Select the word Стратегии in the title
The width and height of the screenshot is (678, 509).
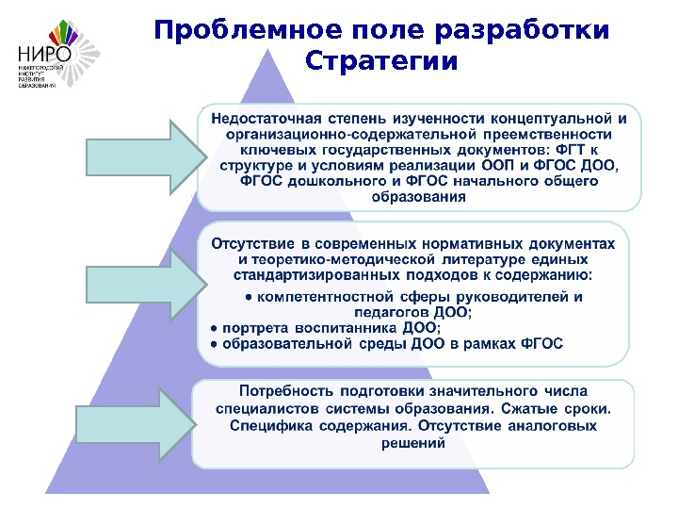(x=382, y=62)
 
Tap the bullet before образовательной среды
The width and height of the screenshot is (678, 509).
(x=213, y=344)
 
